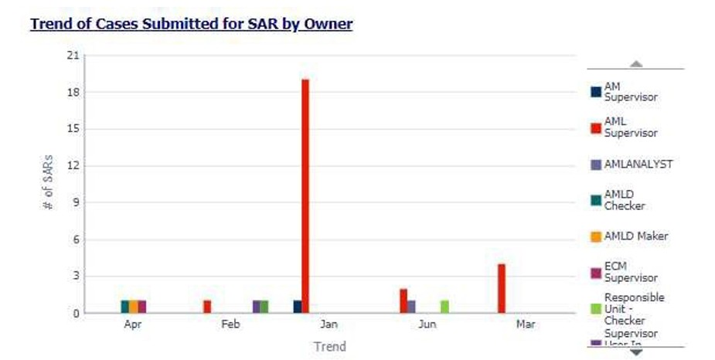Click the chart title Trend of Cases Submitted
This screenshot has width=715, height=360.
191,24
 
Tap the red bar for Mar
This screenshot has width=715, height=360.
502,288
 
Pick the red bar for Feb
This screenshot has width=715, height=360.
207,306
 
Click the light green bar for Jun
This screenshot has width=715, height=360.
444,306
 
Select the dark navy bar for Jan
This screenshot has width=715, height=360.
297,306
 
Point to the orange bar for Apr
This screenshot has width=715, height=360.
133,306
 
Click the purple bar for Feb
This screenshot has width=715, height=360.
257,306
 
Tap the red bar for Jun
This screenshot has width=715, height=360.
403,301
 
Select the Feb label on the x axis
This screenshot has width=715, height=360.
230,324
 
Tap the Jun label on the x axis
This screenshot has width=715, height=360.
427,324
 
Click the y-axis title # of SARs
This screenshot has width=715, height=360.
48,185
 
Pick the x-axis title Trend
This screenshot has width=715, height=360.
329,346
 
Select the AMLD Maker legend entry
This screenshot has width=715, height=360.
635,236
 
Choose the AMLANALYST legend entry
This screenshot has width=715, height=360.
638,165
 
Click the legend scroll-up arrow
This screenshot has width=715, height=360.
636,64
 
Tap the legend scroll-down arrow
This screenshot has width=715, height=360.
636,352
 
